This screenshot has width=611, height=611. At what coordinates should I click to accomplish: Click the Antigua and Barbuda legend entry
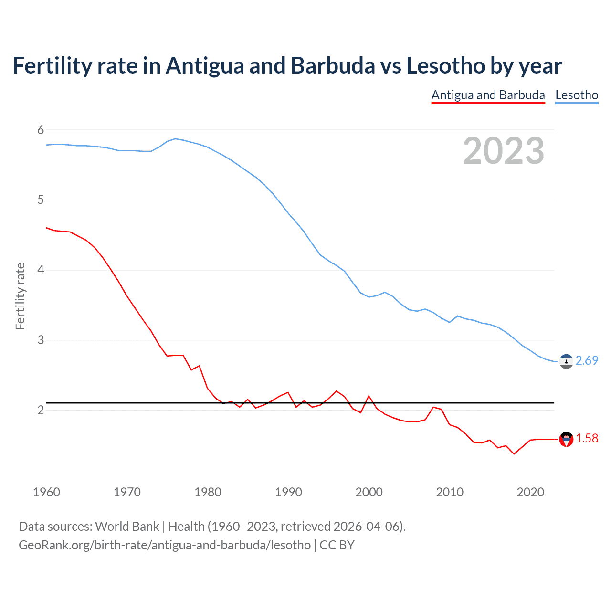[x=488, y=95]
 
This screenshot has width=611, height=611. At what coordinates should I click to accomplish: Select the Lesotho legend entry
[x=577, y=95]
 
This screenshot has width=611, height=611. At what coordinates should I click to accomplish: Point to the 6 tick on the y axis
[x=41, y=130]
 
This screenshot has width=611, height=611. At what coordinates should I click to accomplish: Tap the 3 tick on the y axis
[x=41, y=340]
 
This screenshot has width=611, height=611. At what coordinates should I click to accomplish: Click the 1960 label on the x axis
[x=46, y=492]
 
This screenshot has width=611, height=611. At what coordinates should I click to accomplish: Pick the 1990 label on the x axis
[x=288, y=492]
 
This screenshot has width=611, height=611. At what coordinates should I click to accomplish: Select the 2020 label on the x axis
[x=530, y=492]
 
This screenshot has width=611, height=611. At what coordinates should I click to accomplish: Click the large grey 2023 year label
[x=503, y=151]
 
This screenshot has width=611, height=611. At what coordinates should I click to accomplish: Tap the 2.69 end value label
[x=587, y=360]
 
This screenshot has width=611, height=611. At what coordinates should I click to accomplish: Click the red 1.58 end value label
[x=587, y=438]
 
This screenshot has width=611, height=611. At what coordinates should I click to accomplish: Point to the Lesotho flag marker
[x=566, y=362]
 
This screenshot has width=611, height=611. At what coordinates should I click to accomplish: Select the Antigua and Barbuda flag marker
[x=566, y=439]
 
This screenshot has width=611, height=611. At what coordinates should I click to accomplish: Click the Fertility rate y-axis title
[x=20, y=296]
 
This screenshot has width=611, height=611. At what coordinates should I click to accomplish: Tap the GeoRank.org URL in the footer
[x=164, y=545]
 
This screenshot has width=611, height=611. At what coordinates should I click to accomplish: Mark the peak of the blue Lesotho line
[x=175, y=138]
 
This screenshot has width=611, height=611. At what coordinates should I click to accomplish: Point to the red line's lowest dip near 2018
[x=514, y=454]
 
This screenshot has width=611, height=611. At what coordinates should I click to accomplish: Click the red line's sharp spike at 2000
[x=369, y=396]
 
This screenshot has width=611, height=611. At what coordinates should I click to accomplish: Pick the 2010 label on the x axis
[x=450, y=492]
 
